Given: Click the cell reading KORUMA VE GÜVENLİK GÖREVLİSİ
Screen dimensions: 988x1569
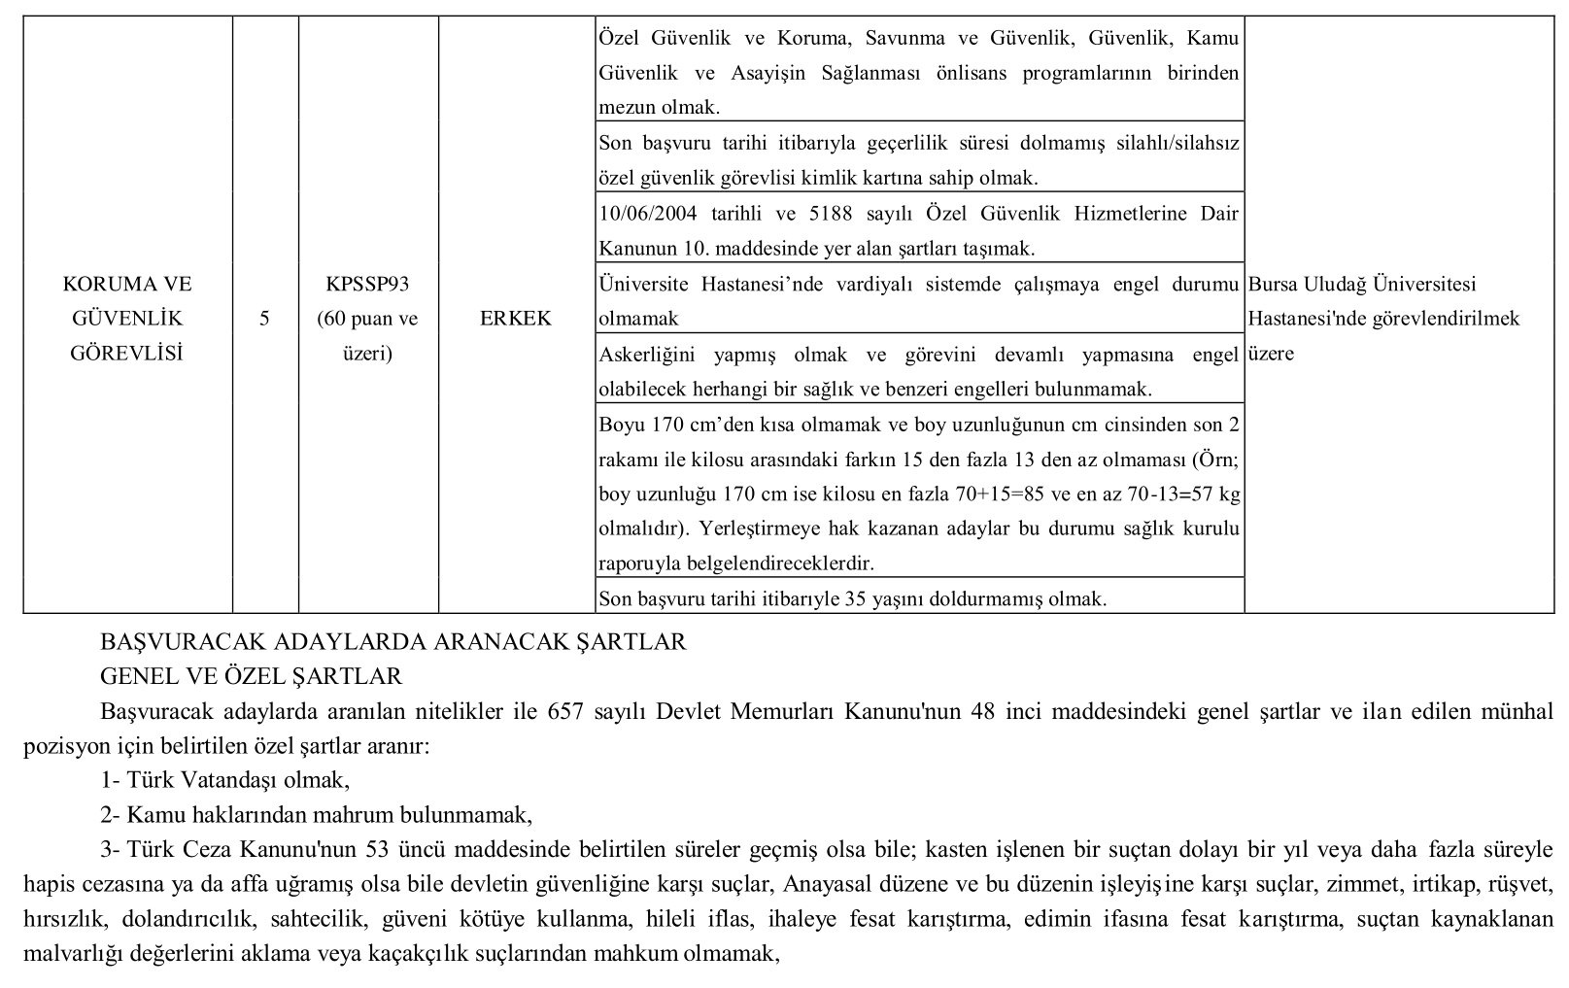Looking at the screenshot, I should point(127,319).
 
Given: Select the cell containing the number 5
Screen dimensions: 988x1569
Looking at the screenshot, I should point(264,319).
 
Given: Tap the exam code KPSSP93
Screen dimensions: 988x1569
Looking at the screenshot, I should point(368,285).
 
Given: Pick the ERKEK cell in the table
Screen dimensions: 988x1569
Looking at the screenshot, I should point(515,319).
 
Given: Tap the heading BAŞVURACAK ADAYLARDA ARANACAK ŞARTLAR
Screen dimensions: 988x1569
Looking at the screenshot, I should point(393,642).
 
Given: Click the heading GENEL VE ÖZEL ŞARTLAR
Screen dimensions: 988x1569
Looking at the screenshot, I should point(251,676).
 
